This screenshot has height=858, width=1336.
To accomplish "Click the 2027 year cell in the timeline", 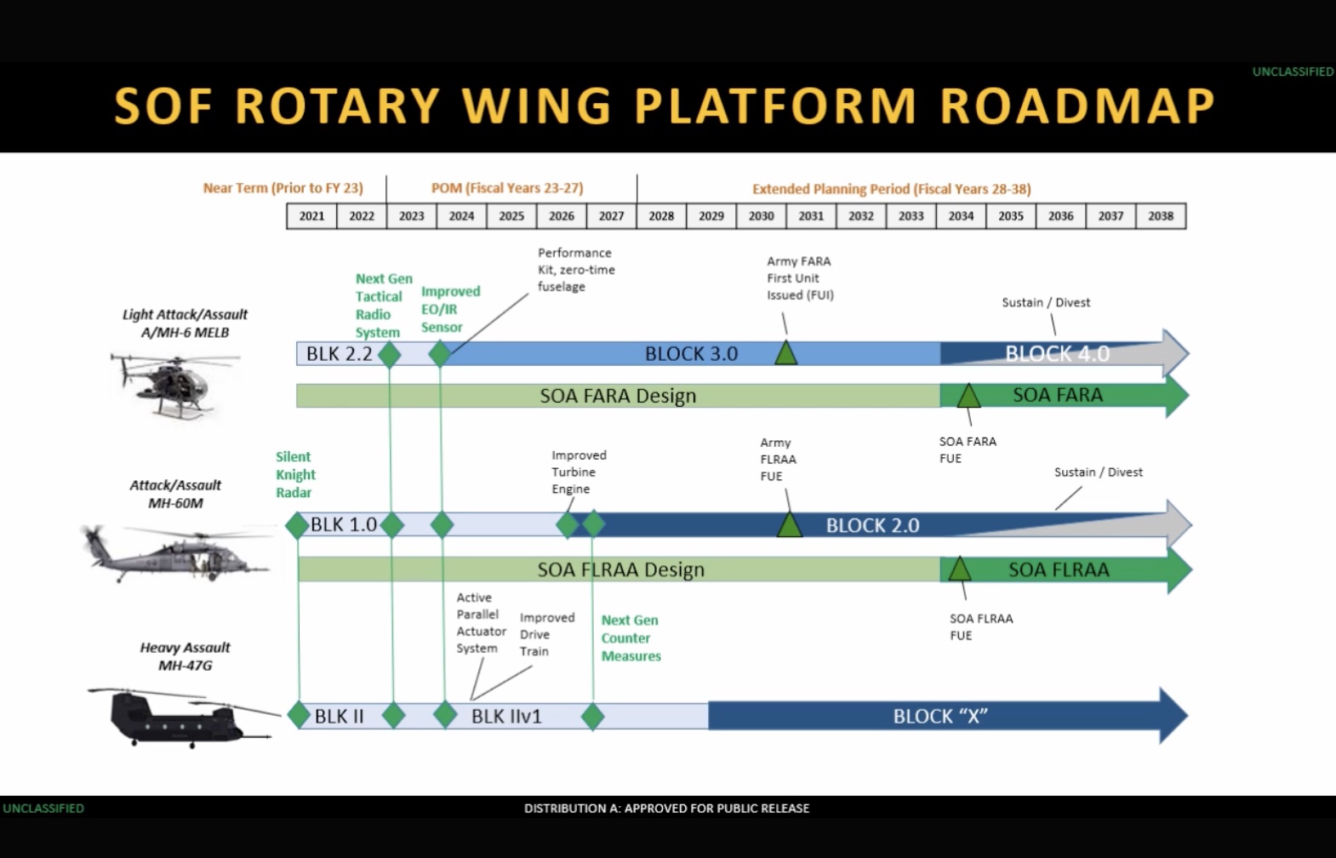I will click(x=611, y=216).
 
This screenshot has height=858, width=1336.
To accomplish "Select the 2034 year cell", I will click(x=961, y=216).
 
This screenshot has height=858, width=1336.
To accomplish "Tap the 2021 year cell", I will click(x=311, y=216).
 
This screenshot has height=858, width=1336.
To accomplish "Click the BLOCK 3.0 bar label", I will click(x=691, y=354).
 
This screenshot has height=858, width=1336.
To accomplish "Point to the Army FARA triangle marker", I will click(x=785, y=353).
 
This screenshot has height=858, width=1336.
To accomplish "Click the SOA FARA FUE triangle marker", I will click(x=968, y=396).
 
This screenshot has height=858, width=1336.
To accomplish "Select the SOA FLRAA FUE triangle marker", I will click(x=960, y=569).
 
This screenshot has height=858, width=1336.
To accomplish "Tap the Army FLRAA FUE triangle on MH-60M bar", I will click(x=790, y=525).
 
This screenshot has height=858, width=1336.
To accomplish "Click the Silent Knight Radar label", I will click(x=295, y=475).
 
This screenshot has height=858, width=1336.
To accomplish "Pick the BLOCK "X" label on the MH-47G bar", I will click(x=939, y=717).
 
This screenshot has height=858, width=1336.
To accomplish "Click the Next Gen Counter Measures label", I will click(x=631, y=638).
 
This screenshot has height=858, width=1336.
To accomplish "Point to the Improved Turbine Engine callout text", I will click(x=579, y=472).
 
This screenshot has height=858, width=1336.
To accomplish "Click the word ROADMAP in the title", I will click(x=1077, y=107).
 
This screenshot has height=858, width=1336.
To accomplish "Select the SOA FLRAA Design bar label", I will click(x=620, y=569).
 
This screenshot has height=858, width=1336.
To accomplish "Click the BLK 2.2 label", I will click(x=339, y=354).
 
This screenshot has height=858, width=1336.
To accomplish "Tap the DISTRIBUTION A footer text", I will click(x=666, y=809).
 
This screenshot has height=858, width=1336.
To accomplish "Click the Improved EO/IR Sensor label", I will click(x=450, y=309).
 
